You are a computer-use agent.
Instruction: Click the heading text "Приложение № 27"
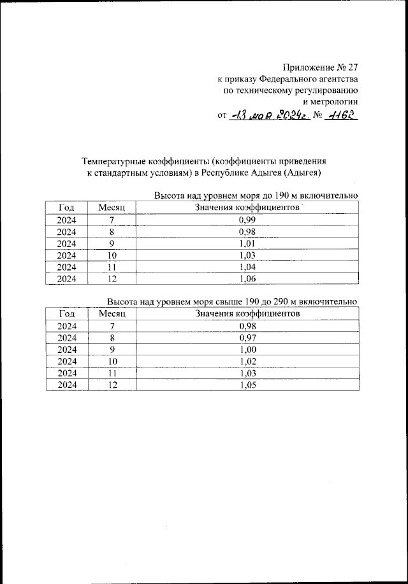tap(321, 67)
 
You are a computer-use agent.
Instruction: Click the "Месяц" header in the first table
tap(112, 208)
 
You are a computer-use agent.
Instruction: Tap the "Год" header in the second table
tap(66, 313)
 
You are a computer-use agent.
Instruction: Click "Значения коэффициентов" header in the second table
tap(247, 313)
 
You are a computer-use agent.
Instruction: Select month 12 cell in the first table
tap(112, 278)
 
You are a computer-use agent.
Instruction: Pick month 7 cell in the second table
tap(112, 325)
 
